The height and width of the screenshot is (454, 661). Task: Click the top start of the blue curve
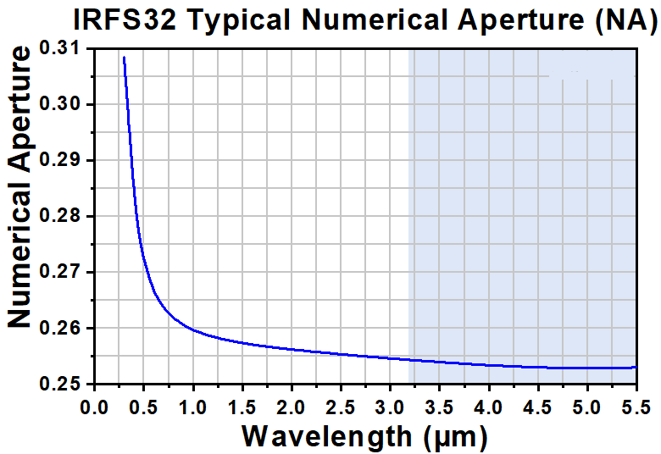click(124, 58)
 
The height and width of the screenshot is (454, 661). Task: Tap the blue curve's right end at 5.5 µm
click(636, 367)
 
